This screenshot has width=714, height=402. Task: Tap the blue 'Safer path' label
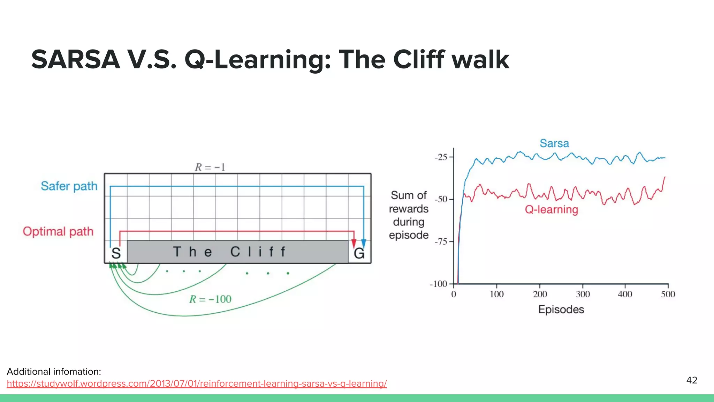69,186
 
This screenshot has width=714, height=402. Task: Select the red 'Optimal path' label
58,231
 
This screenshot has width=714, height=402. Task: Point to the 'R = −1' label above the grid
210,167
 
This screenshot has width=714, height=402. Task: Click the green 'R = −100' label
210,299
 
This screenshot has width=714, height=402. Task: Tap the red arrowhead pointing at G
354,243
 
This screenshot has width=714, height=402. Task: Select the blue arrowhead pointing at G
364,243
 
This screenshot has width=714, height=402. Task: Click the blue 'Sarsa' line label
554,143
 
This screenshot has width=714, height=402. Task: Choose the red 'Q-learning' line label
551,209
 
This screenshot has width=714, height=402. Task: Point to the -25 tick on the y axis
441,157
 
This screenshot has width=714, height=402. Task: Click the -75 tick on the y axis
441,241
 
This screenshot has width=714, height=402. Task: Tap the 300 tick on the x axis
583,294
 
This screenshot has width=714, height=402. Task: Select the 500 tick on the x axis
668,294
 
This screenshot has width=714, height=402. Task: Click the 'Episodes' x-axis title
561,310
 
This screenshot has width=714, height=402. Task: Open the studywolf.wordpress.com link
197,384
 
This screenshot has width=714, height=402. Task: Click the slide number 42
692,380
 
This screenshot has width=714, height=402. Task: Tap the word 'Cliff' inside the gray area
258,252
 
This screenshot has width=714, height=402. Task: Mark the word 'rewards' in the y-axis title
409,209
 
